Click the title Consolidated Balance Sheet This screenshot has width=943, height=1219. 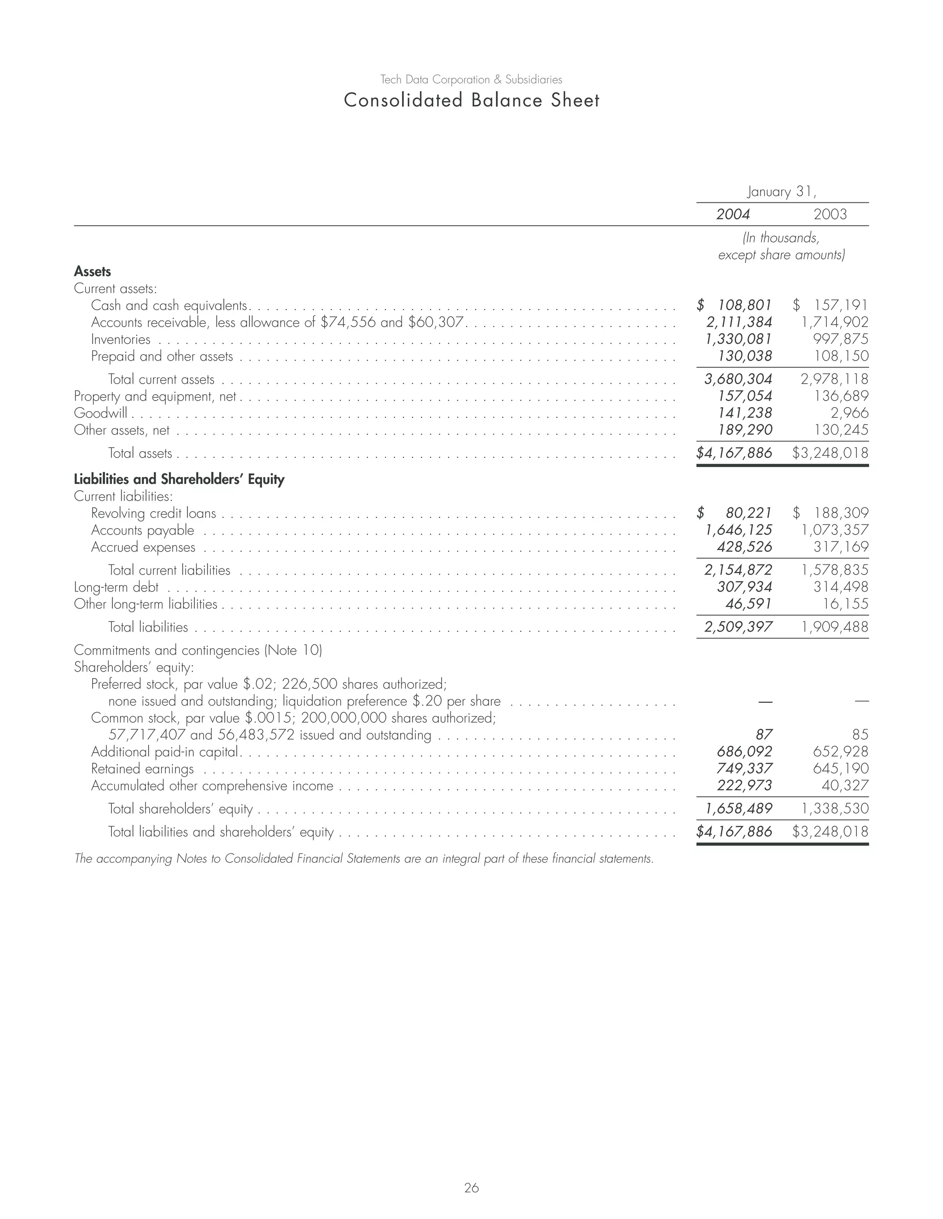click(471, 100)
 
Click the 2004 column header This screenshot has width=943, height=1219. click(733, 214)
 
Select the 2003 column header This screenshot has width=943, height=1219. click(830, 214)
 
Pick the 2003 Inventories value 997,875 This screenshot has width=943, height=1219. click(841, 339)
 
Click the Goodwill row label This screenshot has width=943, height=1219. click(100, 413)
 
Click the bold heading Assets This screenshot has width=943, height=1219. click(93, 272)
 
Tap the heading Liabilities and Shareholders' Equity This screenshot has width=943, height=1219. click(179, 479)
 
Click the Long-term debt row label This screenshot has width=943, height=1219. click(116, 587)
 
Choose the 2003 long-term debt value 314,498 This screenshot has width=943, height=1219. click(841, 587)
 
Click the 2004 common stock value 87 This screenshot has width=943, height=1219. click(764, 735)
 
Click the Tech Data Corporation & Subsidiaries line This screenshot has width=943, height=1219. click(471, 80)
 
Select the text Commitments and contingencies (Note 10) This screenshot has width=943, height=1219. click(198, 650)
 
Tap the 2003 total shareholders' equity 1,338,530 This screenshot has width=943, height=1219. click(835, 809)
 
